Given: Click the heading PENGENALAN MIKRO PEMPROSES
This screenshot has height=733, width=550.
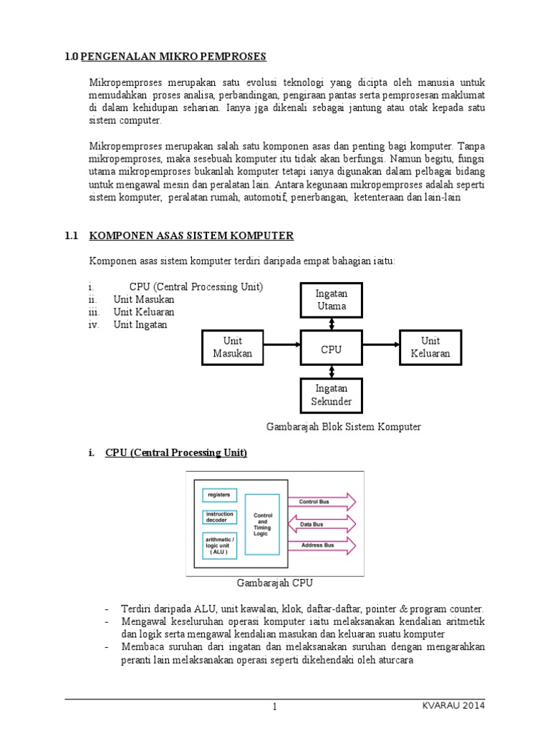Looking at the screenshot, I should point(173,57).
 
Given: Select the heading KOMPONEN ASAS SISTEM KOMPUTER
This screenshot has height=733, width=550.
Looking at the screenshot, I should point(191,236).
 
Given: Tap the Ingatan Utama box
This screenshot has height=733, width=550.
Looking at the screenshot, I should point(331,300).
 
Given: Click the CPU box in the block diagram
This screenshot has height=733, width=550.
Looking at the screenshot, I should point(331,349).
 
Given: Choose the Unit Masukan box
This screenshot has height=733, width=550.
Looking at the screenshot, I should point(232,347).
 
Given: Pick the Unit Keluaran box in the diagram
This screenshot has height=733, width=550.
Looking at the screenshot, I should point(430,347).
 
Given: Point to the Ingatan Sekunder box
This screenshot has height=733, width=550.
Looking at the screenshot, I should point(331,395).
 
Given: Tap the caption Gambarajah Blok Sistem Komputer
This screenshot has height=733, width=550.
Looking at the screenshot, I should point(344,427).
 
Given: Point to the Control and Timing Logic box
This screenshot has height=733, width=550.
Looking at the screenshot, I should point(262,524).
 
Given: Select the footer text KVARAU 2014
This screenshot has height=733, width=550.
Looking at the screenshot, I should point(453,707).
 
